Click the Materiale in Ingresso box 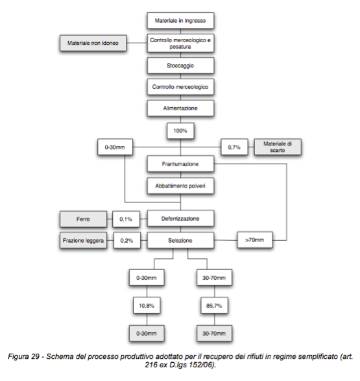(x=180, y=21)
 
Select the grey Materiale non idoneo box (x=93, y=43)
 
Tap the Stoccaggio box (x=180, y=66)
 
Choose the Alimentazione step (x=180, y=108)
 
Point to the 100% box (x=180, y=130)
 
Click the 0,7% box (x=234, y=147)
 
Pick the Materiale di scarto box (x=278, y=147)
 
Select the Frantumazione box (x=180, y=164)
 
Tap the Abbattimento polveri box (x=180, y=186)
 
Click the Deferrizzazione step (x=180, y=219)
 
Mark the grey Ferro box (x=83, y=219)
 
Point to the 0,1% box (x=126, y=219)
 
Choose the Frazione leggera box (x=83, y=241)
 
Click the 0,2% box (x=126, y=241)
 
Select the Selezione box (x=180, y=240)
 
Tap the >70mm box (x=255, y=240)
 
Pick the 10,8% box (x=147, y=306)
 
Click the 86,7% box (x=214, y=306)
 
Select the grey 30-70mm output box (x=214, y=334)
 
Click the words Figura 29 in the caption (x=23, y=356)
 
